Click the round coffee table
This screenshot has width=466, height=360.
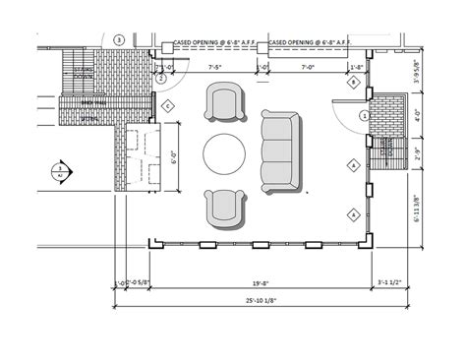224,154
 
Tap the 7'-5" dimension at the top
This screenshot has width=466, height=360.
215,67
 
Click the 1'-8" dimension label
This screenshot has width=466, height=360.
358,67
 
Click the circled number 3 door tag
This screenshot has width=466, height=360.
119,39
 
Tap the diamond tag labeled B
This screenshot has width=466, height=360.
353,84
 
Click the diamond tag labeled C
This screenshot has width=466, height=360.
168,105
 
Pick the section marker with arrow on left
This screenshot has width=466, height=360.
61,169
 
